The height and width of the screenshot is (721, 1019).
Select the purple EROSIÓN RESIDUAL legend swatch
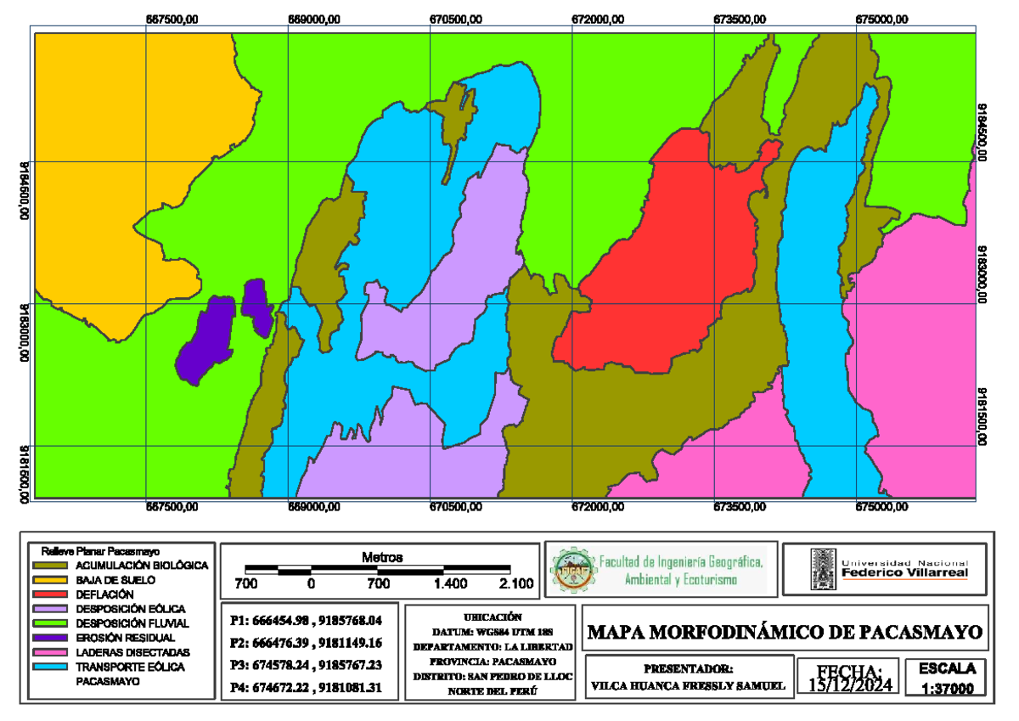52,637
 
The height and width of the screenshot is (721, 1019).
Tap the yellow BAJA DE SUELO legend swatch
52,580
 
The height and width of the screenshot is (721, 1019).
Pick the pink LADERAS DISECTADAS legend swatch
52,651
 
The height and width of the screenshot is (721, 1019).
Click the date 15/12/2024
850,684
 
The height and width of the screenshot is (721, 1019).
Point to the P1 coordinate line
312,620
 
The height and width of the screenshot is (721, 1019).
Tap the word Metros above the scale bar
381,558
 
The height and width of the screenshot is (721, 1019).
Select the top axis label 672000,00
600,20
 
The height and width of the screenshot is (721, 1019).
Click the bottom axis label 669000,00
314,508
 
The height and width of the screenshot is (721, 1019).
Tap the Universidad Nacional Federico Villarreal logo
887,569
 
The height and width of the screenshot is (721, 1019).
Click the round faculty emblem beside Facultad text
572,569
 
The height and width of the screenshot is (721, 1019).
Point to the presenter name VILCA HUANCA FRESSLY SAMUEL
688,685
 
